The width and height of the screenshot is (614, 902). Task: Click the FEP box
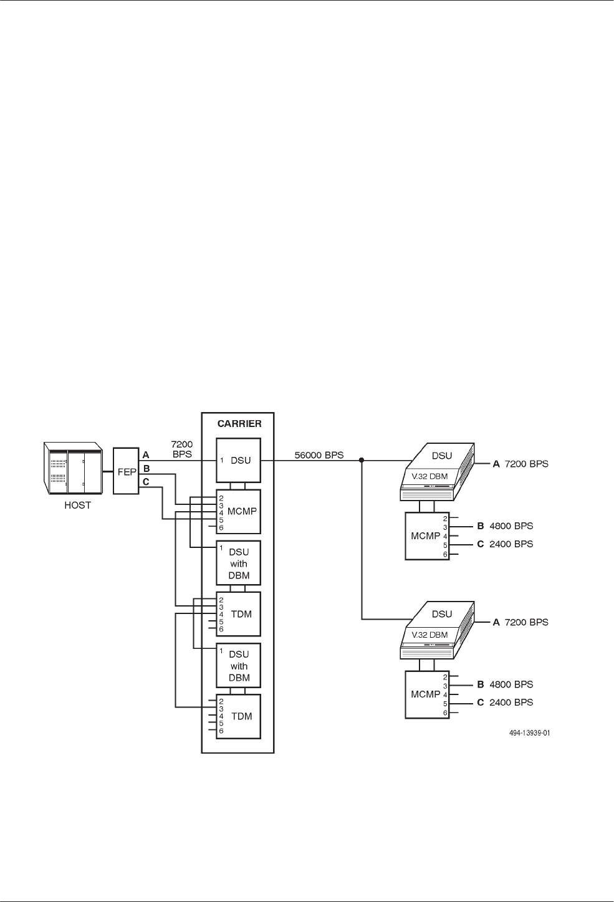pyautogui.click(x=126, y=471)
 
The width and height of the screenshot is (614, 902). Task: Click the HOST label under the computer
pyautogui.click(x=78, y=506)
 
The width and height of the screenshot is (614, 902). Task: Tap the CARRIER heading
pyautogui.click(x=239, y=424)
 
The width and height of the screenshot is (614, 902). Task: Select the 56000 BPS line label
pyautogui.click(x=319, y=456)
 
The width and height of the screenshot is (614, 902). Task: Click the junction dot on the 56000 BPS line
pyautogui.click(x=362, y=461)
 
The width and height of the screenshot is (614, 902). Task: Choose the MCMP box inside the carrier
pyautogui.click(x=237, y=511)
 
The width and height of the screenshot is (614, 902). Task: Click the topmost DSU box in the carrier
pyautogui.click(x=237, y=460)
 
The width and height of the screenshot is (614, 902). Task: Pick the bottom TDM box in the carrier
pyautogui.click(x=237, y=716)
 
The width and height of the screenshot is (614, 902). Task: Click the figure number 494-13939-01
pyautogui.click(x=529, y=734)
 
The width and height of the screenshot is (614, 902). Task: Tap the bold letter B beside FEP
pyautogui.click(x=146, y=468)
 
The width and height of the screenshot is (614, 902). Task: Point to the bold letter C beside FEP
pyautogui.click(x=146, y=481)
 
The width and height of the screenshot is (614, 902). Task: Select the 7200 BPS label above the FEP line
pyautogui.click(x=182, y=449)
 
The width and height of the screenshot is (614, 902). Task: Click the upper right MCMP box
pyautogui.click(x=426, y=536)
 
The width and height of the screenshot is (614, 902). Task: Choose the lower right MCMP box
pyautogui.click(x=426, y=694)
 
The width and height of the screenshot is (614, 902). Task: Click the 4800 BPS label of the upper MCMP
pyautogui.click(x=511, y=526)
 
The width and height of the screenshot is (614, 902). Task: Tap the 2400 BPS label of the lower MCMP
pyautogui.click(x=511, y=703)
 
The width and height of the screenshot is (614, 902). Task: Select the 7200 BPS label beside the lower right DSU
pyautogui.click(x=526, y=622)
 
